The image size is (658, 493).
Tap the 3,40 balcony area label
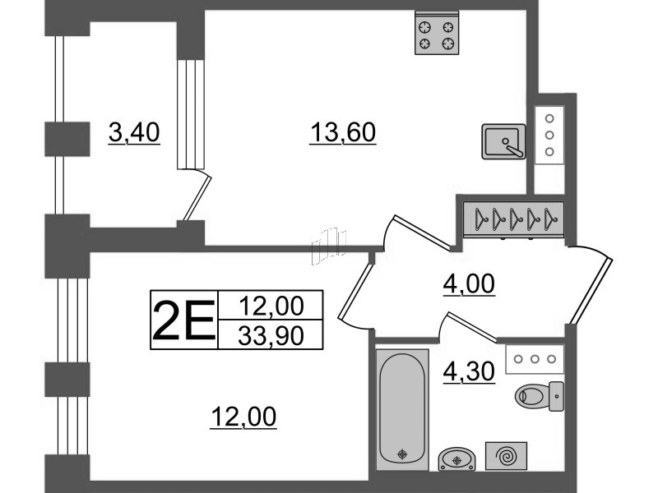(x=133, y=131)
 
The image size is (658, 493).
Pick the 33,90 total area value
(x=271, y=335)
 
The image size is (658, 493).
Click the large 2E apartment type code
(x=183, y=320)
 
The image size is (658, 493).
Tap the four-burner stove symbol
(x=436, y=34)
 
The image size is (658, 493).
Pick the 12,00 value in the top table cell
(x=271, y=306)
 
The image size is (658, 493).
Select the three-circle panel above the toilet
(x=535, y=358)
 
